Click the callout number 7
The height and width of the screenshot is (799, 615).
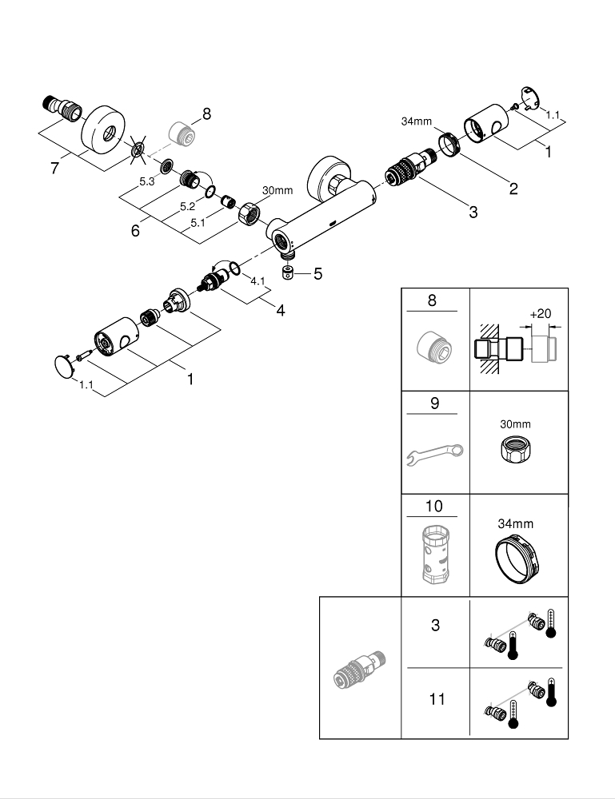(x=54, y=170)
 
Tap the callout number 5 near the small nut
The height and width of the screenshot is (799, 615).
(x=317, y=275)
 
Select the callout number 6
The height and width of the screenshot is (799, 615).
(x=135, y=230)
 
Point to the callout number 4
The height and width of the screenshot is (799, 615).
(x=281, y=310)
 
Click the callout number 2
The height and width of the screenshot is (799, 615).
(x=513, y=189)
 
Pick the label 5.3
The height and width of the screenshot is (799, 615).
(x=147, y=182)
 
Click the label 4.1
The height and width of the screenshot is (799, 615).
(x=257, y=281)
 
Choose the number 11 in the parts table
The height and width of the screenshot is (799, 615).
(x=435, y=698)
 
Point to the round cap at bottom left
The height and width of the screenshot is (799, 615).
(x=62, y=367)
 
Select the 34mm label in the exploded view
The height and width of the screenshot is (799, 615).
(x=416, y=121)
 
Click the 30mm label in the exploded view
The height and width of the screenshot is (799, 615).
(x=278, y=190)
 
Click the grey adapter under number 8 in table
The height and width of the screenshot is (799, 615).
(x=434, y=346)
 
